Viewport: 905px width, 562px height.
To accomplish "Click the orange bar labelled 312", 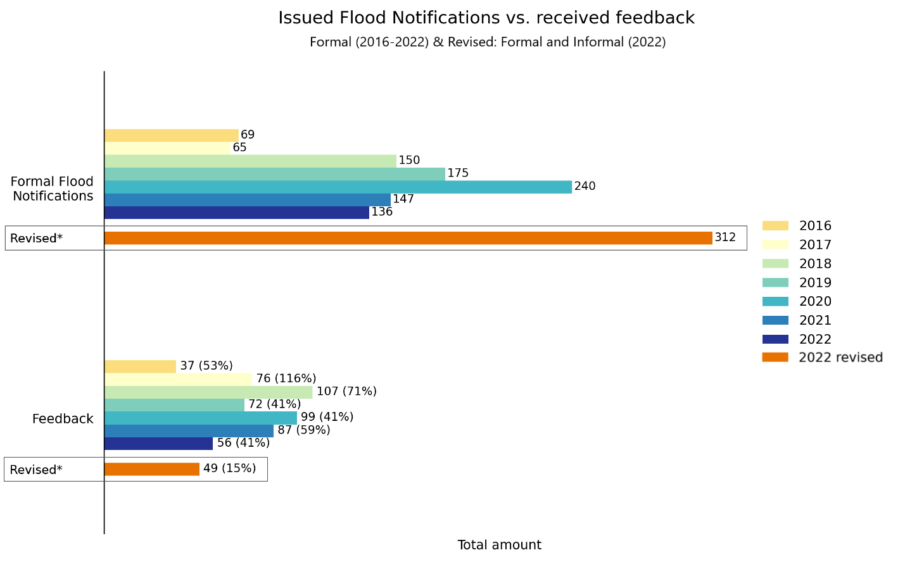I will pyautogui.click(x=408, y=238).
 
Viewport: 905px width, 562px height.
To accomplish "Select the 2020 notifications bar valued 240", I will pyautogui.click(x=338, y=187).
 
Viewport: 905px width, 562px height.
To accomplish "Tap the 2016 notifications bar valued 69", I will pyautogui.click(x=171, y=135).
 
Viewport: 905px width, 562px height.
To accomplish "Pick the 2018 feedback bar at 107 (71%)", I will pyautogui.click(x=208, y=392).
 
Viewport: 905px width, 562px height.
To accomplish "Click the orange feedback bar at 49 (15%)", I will pyautogui.click(x=152, y=469).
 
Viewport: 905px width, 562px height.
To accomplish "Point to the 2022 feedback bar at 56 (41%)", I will pyautogui.click(x=158, y=444).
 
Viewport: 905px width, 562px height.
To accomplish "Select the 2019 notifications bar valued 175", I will pyautogui.click(x=274, y=174).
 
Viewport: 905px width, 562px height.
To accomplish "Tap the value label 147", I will pyautogui.click(x=403, y=199).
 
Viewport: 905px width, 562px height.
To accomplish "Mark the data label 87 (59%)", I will pyautogui.click(x=304, y=430).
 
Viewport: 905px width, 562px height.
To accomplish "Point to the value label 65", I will pyautogui.click(x=239, y=147).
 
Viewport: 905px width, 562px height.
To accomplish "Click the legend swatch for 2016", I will pyautogui.click(x=775, y=226).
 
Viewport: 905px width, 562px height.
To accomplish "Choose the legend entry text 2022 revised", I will pyautogui.click(x=840, y=358).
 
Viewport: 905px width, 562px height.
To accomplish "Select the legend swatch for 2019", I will pyautogui.click(x=775, y=283).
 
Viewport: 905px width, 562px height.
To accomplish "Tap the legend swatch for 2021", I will pyautogui.click(x=775, y=321).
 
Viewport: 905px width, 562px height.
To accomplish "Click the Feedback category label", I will pyautogui.click(x=63, y=419).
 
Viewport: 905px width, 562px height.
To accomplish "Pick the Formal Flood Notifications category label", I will pyautogui.click(x=53, y=189).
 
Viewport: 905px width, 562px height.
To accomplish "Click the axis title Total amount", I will pyautogui.click(x=499, y=545).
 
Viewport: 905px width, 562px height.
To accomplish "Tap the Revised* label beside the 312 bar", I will pyautogui.click(x=37, y=239).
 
